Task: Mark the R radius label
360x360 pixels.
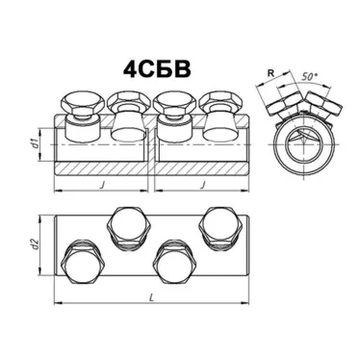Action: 271,73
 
